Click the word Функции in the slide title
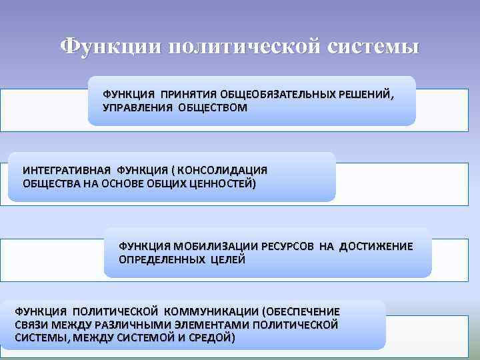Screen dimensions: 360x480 pos(109,48)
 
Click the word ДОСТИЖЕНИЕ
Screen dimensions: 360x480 pos(376,247)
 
